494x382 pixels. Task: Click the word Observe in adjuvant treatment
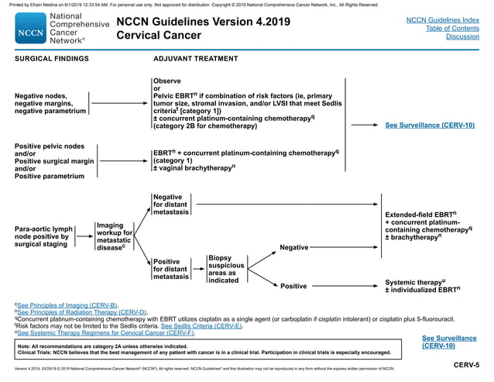[x=167, y=81]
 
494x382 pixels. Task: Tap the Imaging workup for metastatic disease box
[x=114, y=236]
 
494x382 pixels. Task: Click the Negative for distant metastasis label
[x=170, y=205]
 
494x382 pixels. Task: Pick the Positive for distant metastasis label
[x=170, y=269]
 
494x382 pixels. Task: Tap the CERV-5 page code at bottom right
[x=466, y=365]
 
